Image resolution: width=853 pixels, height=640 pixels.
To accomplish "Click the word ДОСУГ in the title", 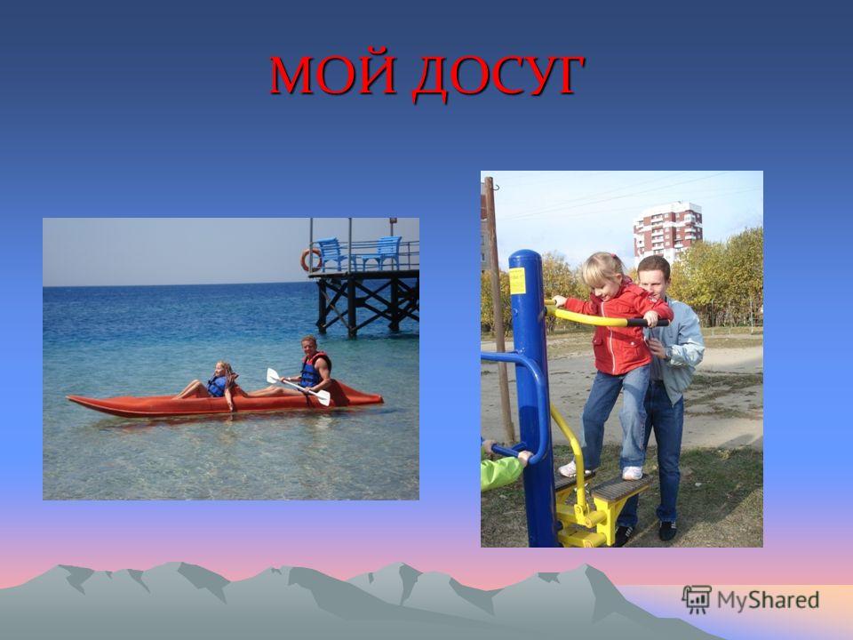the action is click(498, 76).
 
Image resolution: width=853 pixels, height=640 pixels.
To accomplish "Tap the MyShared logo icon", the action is click(697, 600).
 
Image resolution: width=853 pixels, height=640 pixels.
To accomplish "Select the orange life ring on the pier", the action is click(312, 260).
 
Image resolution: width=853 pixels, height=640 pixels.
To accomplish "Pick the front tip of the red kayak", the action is click(68, 398).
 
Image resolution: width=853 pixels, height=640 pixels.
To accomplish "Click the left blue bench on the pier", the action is click(331, 252).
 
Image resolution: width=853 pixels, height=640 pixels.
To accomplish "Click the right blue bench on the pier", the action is click(383, 252).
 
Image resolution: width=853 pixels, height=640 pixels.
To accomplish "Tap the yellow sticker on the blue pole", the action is click(517, 281).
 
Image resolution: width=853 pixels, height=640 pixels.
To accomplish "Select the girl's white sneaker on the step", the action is click(632, 473).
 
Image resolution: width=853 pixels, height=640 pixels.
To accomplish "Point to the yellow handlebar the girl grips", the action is click(593, 316).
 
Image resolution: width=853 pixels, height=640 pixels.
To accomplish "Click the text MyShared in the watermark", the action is click(768, 601).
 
